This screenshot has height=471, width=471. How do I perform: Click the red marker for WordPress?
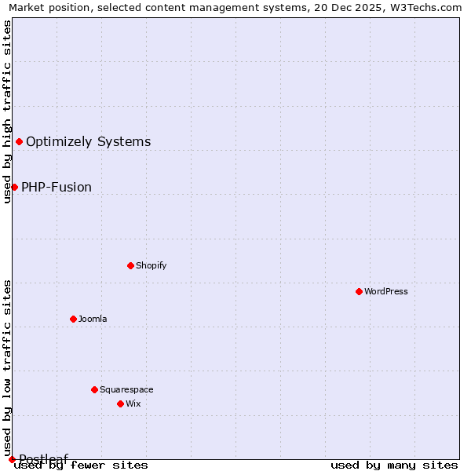(359, 291)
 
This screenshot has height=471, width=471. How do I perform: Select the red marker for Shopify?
(130, 265)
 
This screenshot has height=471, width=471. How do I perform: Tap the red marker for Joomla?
(73, 319)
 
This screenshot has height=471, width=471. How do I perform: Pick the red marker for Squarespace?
(94, 389)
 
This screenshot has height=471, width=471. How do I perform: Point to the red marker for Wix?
(120, 403)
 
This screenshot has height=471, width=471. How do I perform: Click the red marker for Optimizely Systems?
(19, 141)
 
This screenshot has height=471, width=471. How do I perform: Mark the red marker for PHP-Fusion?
(14, 187)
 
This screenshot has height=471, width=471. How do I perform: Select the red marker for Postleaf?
(12, 459)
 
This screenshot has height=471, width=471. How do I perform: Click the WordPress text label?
(386, 291)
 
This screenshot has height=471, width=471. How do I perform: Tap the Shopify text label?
(152, 265)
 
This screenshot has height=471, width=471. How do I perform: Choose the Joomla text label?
(93, 319)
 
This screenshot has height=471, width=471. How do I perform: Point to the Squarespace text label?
(126, 389)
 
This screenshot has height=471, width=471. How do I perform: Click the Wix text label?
(133, 403)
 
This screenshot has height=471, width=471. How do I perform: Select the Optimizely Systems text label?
(89, 141)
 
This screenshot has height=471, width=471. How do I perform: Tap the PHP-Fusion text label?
(57, 187)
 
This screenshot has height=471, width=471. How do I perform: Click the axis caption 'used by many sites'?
(394, 465)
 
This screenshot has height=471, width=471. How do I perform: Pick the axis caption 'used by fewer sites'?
(82, 465)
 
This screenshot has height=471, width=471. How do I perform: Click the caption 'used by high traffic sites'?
(7, 111)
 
